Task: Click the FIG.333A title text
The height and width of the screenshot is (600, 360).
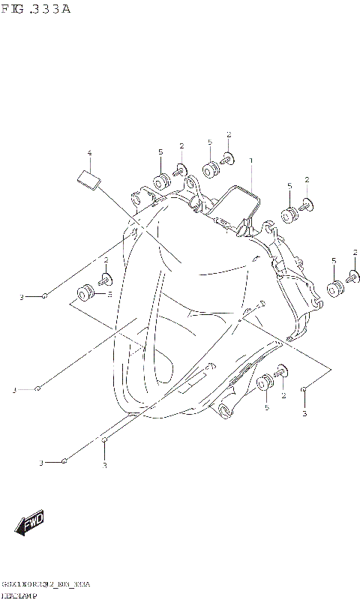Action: click(36, 10)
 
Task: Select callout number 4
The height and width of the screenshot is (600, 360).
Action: click(89, 153)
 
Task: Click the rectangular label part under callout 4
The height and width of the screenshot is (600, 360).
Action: click(88, 179)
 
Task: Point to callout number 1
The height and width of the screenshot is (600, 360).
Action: click(250, 160)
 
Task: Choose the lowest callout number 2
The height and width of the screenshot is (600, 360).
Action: click(283, 394)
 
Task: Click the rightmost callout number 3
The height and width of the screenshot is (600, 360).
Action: click(304, 413)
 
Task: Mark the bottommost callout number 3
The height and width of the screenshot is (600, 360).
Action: click(104, 466)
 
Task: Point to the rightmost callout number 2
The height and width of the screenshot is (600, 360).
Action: click(355, 252)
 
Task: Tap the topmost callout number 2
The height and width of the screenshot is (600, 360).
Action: click(228, 135)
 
